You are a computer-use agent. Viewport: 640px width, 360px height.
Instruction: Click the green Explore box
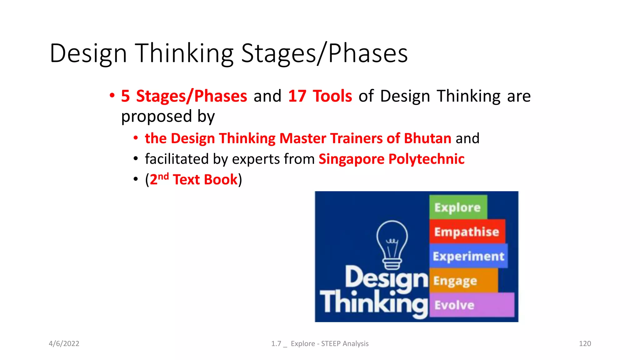tap(458, 207)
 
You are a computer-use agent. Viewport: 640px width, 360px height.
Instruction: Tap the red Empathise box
tap(467, 232)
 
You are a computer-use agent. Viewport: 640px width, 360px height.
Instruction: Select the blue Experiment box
tap(468, 256)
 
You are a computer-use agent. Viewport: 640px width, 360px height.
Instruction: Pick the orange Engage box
tap(463, 280)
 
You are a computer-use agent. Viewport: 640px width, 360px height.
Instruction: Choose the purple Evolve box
tap(471, 305)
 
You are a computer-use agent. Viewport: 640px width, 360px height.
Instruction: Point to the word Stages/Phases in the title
tap(324, 53)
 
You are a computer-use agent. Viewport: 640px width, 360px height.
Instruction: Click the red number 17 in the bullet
tap(297, 96)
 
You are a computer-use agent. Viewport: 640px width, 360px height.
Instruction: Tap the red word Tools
tap(332, 96)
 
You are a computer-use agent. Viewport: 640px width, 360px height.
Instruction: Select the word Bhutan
tap(427, 138)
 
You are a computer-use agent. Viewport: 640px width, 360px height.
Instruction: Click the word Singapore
tap(351, 159)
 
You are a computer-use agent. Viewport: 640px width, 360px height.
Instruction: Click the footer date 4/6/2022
tap(64, 343)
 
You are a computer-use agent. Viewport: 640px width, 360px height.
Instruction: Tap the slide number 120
tap(585, 343)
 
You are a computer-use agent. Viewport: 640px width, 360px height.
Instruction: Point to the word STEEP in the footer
tap(331, 343)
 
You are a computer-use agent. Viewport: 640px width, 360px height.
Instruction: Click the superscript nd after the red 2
tap(163, 177)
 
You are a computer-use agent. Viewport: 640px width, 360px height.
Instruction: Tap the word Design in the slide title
tap(88, 53)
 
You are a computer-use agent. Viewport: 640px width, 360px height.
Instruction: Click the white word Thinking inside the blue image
tap(373, 302)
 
